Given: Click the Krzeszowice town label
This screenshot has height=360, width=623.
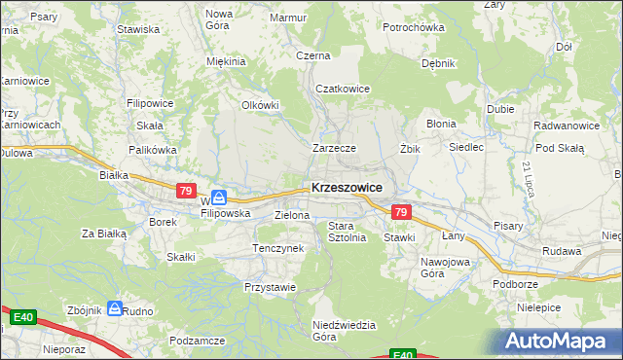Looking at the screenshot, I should [x=346, y=188].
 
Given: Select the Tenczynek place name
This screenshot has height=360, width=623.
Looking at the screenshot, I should [x=277, y=249].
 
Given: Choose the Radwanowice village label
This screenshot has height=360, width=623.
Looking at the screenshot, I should [x=566, y=126].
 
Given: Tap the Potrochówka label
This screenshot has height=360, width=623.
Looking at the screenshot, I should [x=413, y=27].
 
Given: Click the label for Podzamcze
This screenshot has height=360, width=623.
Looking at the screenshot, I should [x=197, y=341].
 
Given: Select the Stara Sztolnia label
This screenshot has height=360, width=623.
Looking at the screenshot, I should [x=347, y=232].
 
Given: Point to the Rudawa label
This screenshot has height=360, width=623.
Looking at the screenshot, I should [x=563, y=251].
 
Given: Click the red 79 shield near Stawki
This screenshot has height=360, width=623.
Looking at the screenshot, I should [x=400, y=211].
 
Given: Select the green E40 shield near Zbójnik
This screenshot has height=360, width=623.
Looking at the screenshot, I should [x=23, y=316].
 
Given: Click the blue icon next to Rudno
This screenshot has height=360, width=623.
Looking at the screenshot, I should [x=115, y=308].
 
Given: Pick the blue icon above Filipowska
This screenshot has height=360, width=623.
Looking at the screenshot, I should [x=220, y=197].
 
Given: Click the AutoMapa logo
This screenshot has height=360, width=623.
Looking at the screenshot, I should [x=559, y=341].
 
